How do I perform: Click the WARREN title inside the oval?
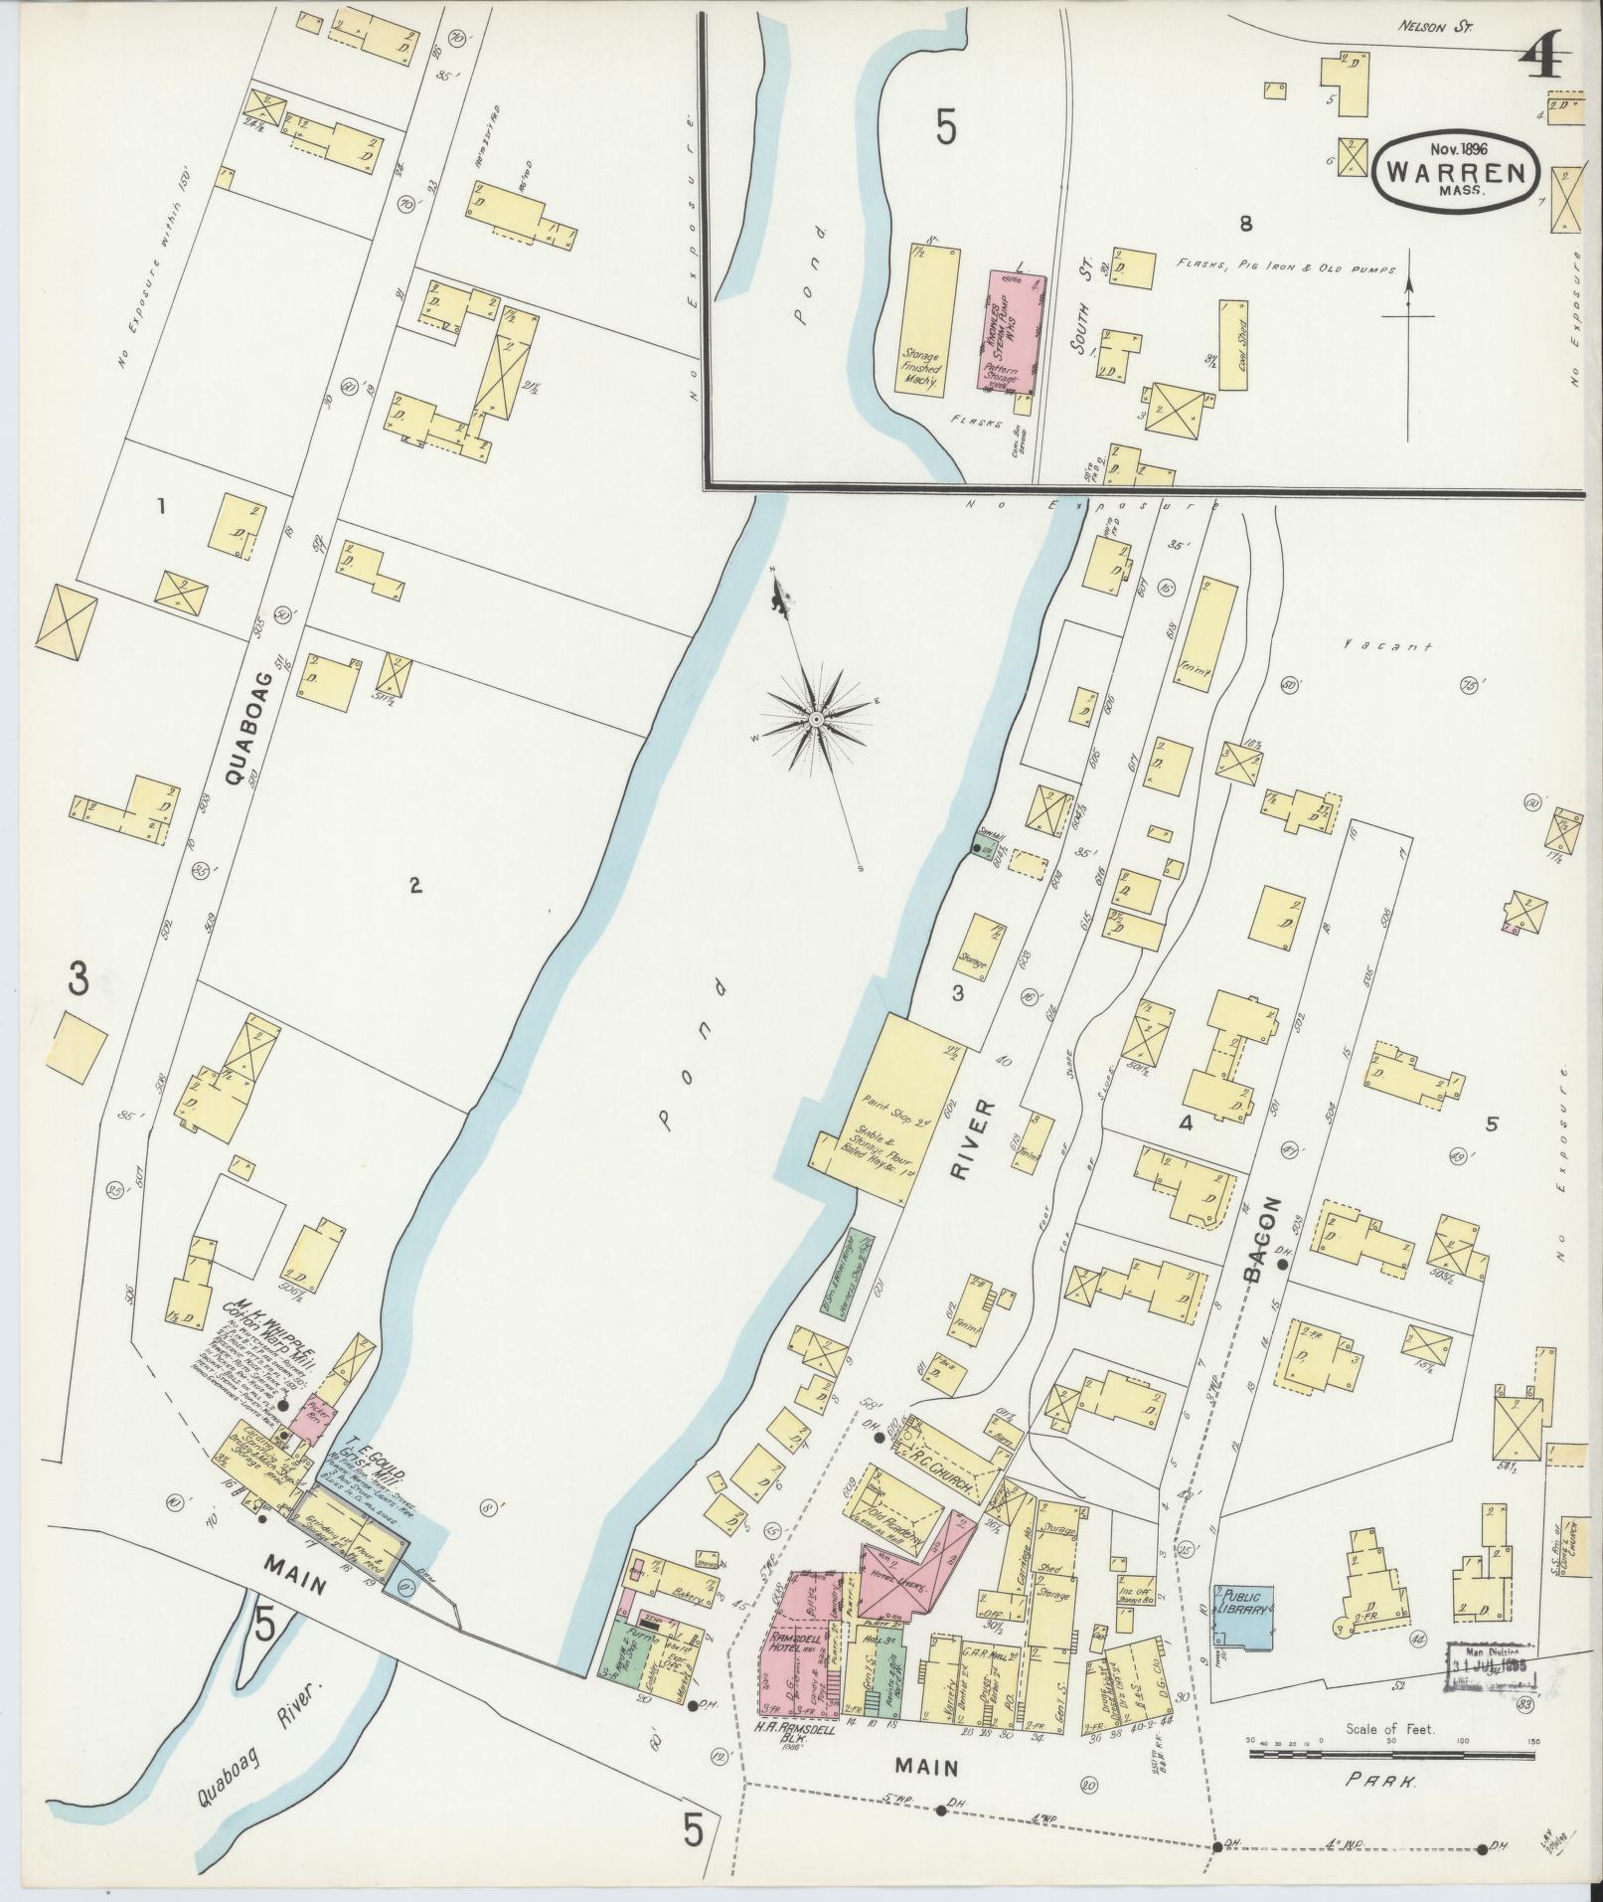tap(1457, 171)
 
